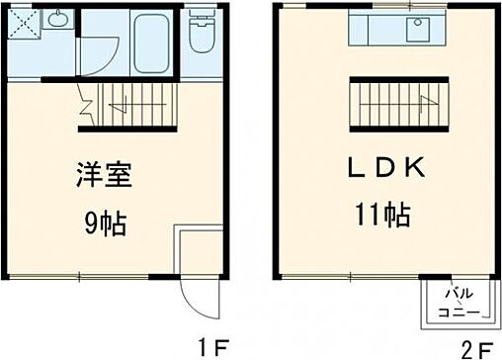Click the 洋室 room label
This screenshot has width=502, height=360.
[x=101, y=179]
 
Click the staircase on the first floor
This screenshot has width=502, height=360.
[x=132, y=103]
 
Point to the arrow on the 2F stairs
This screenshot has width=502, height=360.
[x=420, y=98]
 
